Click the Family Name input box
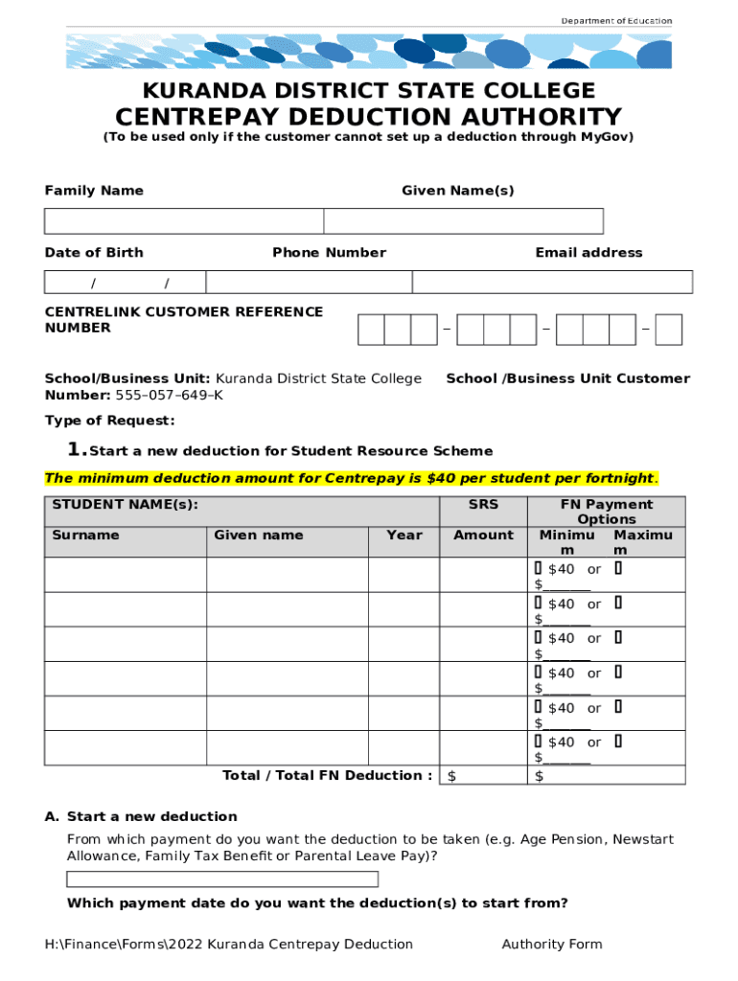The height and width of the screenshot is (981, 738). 184,221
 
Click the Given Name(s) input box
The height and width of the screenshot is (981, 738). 463,221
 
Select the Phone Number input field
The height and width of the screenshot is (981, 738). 309,282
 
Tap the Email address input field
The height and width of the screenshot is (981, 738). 552,282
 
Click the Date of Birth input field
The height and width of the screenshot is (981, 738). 125,282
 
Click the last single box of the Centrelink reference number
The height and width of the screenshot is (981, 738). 670,329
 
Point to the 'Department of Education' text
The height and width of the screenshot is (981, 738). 616,21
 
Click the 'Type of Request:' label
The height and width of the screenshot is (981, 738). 110,421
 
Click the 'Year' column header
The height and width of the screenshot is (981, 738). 404,535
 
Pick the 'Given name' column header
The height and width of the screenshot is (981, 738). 258,535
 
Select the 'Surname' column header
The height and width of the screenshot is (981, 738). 85,535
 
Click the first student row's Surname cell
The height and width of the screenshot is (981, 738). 126,575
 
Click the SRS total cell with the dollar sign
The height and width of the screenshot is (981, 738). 483,775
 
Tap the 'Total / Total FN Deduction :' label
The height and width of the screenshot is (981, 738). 327,775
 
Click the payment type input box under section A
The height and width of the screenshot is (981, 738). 222,879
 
